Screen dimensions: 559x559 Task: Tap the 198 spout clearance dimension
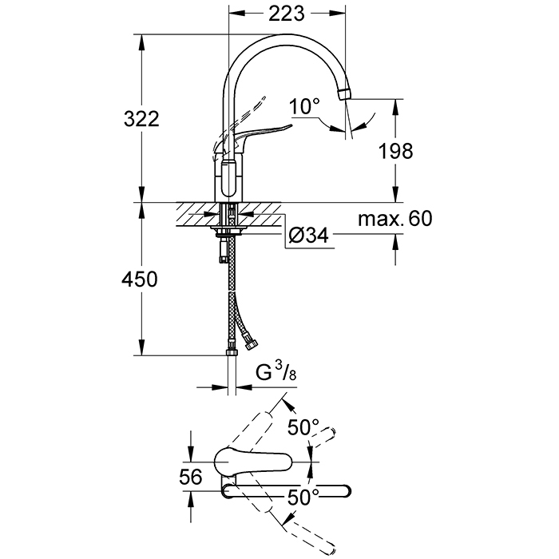point(397,150)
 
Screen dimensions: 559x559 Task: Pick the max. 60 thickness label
point(394,218)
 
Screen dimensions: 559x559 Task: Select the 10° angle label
point(304,105)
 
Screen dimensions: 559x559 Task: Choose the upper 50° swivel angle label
point(303,427)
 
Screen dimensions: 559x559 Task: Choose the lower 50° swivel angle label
point(304,497)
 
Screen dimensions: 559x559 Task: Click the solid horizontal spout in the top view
point(287,490)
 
